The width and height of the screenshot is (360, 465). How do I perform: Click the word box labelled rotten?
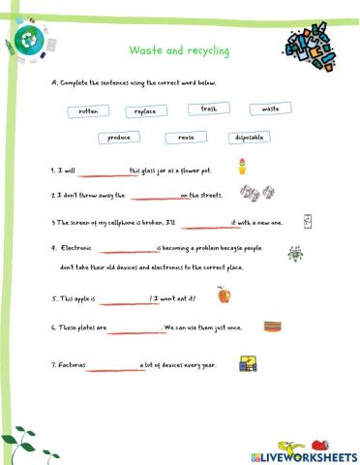pos(89,111)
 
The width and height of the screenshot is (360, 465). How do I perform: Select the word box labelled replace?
pos(146,111)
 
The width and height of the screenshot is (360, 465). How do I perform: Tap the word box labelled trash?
pos(209,108)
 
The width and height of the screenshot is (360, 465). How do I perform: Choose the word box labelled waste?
pos(270,108)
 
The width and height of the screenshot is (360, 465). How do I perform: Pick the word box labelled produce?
pos(120,138)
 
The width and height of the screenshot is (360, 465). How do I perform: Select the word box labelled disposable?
pos(250,138)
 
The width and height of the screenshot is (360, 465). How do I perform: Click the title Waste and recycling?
pos(180,50)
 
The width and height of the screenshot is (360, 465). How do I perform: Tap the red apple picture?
pos(225,294)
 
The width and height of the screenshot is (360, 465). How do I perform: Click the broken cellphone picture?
pos(308,222)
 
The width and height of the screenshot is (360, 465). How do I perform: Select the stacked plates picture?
pos(273,326)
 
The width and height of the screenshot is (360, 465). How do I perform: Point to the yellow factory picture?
pos(248,364)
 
